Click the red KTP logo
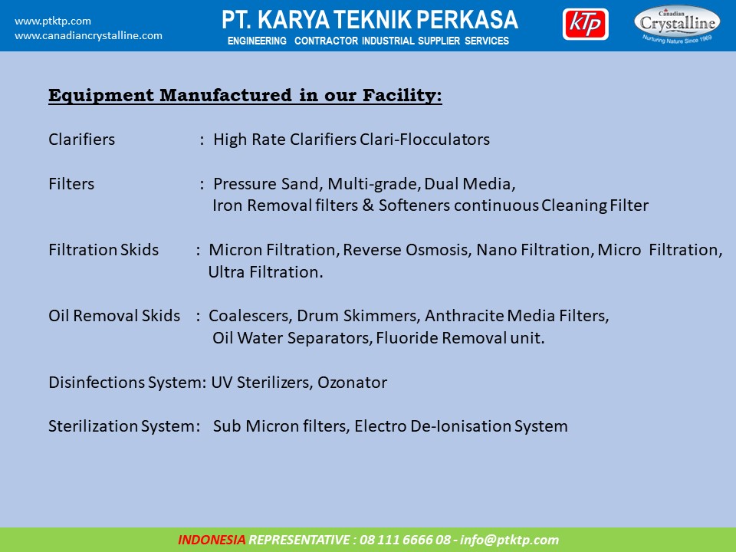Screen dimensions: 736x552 point(585,24)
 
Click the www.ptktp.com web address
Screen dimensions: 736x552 point(53,21)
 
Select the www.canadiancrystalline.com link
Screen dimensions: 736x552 point(88,36)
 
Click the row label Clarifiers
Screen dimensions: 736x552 point(82,140)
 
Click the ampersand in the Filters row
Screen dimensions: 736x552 point(368,205)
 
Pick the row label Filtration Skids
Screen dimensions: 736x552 point(103,250)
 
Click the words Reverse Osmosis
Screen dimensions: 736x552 point(407,250)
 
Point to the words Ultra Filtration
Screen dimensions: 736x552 point(265,271)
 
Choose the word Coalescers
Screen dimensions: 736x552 point(249,316)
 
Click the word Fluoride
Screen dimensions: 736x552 point(407,338)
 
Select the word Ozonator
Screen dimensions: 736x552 point(352,383)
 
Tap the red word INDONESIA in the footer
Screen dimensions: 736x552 point(212,540)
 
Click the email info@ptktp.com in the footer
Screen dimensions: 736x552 point(509,540)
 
